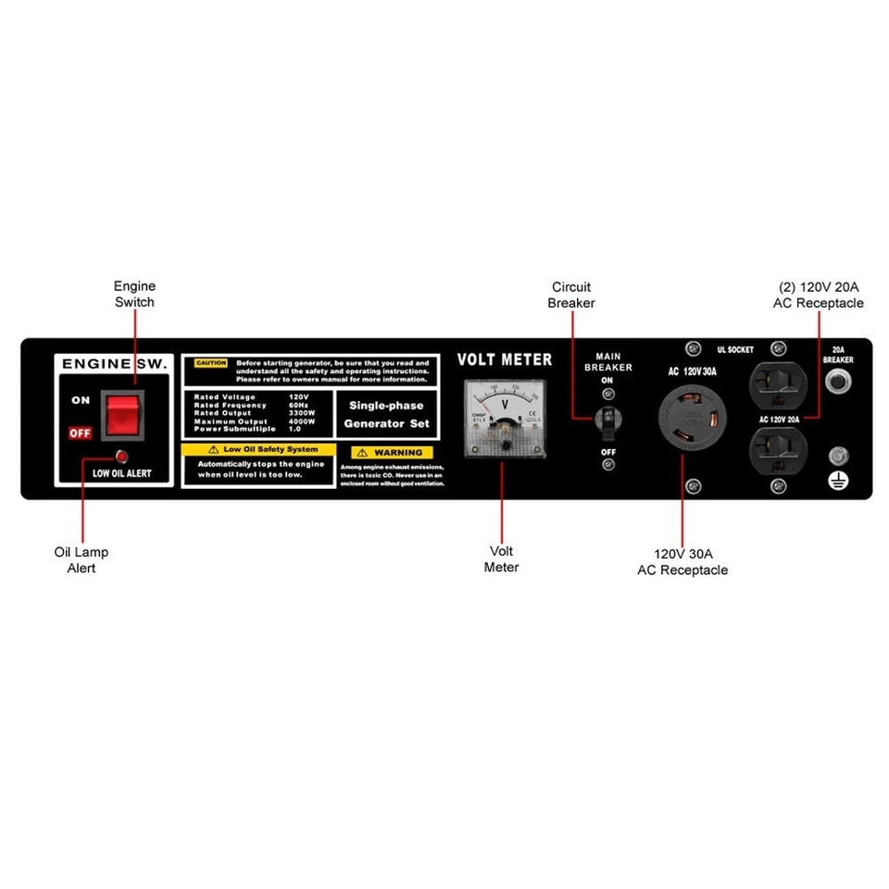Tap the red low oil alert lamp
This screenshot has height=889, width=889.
point(120,457)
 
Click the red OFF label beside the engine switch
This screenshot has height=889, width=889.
point(81,432)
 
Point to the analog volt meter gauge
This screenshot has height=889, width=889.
point(506,421)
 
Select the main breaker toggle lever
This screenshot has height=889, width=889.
point(607,419)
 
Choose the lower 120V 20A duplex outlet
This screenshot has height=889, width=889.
point(777,453)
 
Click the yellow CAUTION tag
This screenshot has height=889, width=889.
point(210,364)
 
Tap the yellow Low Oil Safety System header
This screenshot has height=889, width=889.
point(257,449)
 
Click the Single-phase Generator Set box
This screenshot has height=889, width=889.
point(386,414)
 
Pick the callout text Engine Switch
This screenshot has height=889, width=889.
point(134,294)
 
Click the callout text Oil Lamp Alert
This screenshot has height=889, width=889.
point(81,559)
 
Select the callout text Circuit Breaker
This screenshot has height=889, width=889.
point(570,294)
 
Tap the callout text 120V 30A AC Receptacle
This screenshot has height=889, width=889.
point(682,561)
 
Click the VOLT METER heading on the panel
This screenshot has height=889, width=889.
point(505,359)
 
